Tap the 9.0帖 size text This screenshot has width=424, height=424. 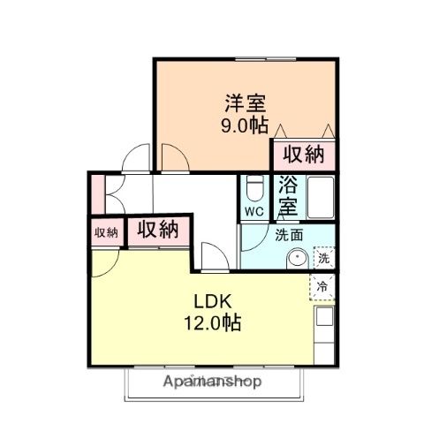click(245, 125)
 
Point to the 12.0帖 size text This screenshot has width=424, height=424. click(212, 322)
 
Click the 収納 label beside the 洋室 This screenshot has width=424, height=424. click(303, 155)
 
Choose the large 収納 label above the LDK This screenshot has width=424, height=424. click(157, 231)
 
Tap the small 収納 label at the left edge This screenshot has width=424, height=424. click(106, 232)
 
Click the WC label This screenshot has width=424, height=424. click(254, 212)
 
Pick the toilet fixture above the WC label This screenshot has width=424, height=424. click(254, 189)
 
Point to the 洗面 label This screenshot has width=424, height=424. click(287, 236)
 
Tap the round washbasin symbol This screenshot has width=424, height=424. click(299, 259)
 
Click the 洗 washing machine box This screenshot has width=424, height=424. click(324, 259)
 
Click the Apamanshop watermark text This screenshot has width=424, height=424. click(213, 382)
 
